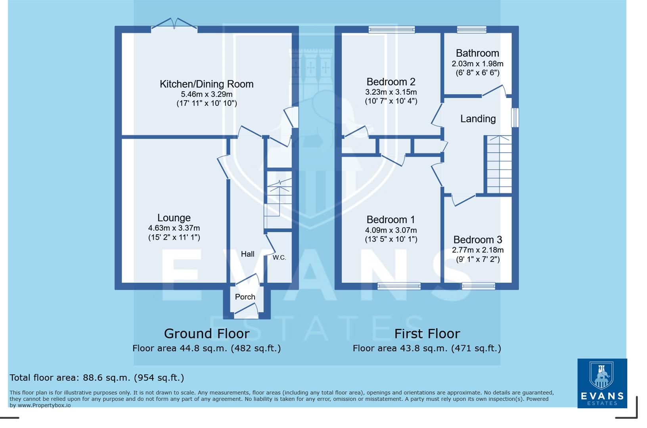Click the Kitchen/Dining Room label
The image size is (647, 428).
(206, 84)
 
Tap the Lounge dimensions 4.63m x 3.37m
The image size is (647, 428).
(174, 228)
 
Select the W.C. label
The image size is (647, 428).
(279, 258)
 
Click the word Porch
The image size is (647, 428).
(245, 297)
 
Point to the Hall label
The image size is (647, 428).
(247, 254)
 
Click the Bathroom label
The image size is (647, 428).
(477, 53)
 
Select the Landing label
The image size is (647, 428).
(478, 119)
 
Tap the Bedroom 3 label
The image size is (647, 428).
(477, 240)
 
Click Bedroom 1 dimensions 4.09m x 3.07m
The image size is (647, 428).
(391, 230)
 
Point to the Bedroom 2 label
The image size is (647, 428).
(391, 82)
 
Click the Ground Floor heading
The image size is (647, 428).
(207, 334)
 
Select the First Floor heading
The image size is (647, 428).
(427, 334)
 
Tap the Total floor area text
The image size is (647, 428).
(97, 378)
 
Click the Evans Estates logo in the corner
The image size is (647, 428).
(602, 383)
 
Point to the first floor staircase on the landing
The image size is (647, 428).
(499, 164)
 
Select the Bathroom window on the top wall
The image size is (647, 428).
(471, 29)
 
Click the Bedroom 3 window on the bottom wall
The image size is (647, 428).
(479, 286)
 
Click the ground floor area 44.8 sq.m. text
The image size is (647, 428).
(206, 348)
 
